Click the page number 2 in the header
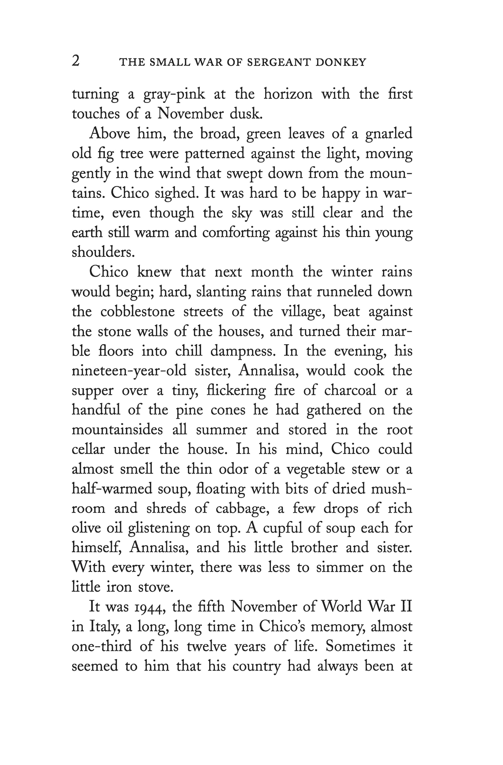[x=75, y=61]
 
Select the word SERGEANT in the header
[x=278, y=62]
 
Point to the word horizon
[x=288, y=95]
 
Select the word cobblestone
[x=138, y=312]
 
